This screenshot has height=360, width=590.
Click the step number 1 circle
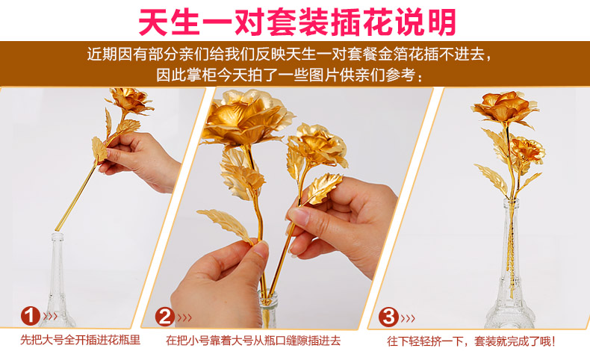coord(30,316)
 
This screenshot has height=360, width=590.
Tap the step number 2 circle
coord(165,317)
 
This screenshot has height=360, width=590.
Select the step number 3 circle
coord(388,317)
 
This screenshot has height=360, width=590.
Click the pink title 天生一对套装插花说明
coord(297,22)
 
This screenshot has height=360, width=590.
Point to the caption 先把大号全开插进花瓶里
coord(80,340)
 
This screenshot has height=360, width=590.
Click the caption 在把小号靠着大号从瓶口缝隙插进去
coord(253,341)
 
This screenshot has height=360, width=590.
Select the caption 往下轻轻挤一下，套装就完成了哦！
coord(471,341)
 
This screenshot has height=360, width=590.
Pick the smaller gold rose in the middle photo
coord(319,146)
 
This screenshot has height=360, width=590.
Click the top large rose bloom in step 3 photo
coord(504,108)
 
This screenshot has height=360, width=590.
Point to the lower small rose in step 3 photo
coord(527,149)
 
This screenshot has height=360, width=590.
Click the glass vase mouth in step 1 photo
coord(58,236)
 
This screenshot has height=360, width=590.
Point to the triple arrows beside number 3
coord(408,319)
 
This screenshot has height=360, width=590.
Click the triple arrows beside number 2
coord(184,318)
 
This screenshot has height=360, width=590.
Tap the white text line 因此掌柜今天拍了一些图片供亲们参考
coord(289,75)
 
